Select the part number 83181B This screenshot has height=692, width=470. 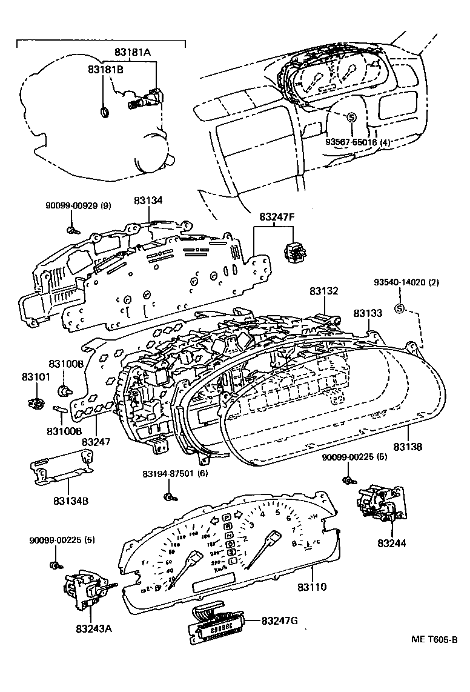107,70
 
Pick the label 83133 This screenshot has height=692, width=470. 368,313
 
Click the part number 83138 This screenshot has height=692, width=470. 408,447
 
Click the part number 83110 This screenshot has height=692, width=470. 312,587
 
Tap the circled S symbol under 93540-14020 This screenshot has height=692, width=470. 399,310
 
